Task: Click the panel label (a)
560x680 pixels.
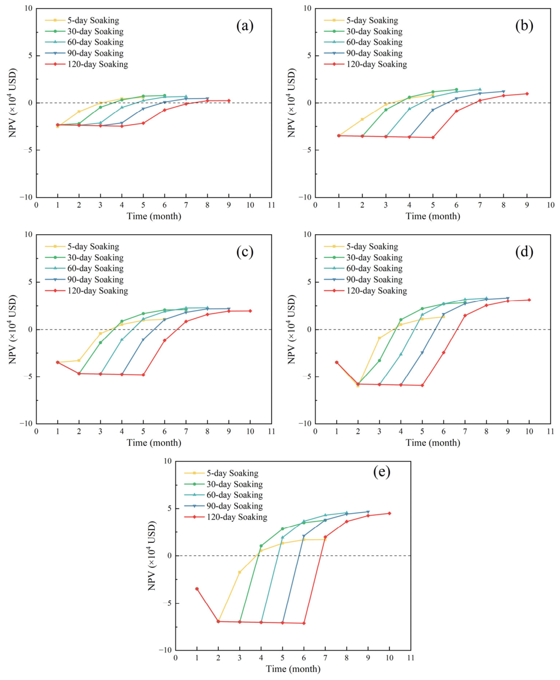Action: pyautogui.click(x=245, y=26)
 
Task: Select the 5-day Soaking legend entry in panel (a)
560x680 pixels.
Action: pyautogui.click(x=82, y=20)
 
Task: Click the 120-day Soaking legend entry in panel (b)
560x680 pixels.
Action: pyautogui.click(x=365, y=64)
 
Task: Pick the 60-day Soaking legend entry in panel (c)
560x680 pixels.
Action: pyautogui.click(x=84, y=268)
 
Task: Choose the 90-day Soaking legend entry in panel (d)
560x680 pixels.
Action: pyautogui.click(x=363, y=279)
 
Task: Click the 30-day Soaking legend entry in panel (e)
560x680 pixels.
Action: pyautogui.click(x=224, y=484)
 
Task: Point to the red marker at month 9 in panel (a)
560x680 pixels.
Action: pyautogui.click(x=229, y=101)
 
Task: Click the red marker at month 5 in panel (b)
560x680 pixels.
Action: pyautogui.click(x=433, y=137)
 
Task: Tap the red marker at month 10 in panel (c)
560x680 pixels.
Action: pyautogui.click(x=250, y=311)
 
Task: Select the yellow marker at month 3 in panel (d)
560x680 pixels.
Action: pyautogui.click(x=380, y=338)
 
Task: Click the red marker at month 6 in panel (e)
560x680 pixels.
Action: pyautogui.click(x=304, y=623)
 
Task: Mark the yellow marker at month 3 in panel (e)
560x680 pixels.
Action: pyautogui.click(x=240, y=572)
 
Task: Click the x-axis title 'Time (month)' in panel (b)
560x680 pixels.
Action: pyautogui.click(x=433, y=216)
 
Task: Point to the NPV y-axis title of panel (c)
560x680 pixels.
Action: pyautogui.click(x=13, y=329)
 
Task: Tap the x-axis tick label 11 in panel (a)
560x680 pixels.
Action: pyautogui.click(x=271, y=205)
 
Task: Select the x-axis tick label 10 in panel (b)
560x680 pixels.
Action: pyautogui.click(x=550, y=205)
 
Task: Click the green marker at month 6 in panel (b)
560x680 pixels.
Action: pyautogui.click(x=456, y=89)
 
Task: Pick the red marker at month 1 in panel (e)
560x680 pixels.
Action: pyautogui.click(x=197, y=589)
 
